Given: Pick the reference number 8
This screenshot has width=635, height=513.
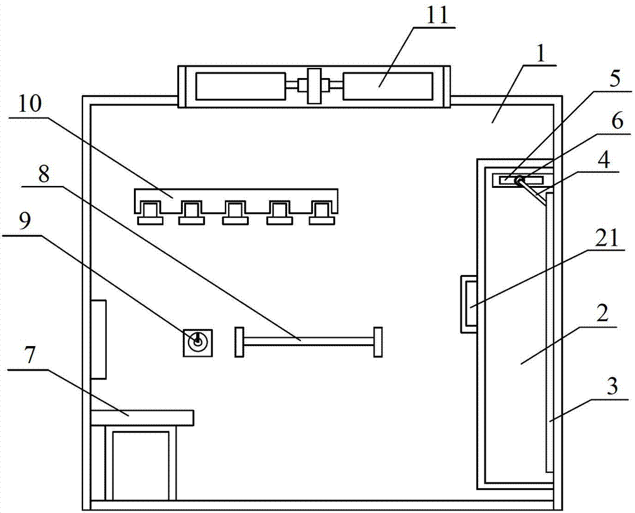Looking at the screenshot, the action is click(x=44, y=174).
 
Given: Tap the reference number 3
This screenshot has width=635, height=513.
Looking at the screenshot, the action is click(x=612, y=386).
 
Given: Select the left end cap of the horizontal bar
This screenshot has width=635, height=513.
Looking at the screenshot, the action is click(x=239, y=342).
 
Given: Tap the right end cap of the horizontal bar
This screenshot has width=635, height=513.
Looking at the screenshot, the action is click(x=378, y=342).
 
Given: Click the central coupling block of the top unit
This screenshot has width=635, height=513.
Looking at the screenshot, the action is click(x=314, y=86).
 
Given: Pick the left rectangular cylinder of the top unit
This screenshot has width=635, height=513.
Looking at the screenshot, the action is click(x=241, y=86).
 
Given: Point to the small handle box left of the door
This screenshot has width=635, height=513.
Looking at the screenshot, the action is click(x=469, y=304).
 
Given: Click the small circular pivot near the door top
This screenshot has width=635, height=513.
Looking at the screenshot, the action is click(x=519, y=180).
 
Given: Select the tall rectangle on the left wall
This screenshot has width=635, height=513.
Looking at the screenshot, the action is click(x=98, y=339).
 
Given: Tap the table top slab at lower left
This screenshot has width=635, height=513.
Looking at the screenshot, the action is click(x=142, y=418).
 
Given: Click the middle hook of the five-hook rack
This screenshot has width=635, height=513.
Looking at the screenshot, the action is click(x=236, y=213).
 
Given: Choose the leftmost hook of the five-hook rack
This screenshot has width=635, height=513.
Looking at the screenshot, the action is click(x=150, y=213).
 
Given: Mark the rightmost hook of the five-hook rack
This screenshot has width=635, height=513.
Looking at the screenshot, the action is click(x=322, y=213).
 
